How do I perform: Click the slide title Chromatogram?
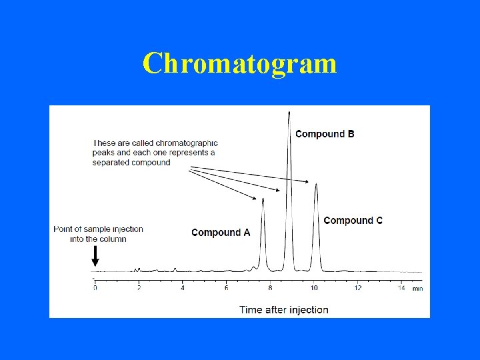pyautogui.click(x=239, y=64)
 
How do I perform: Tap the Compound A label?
pyautogui.click(x=221, y=233)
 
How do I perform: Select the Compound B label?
pyautogui.click(x=325, y=134)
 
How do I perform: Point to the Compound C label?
pyautogui.click(x=353, y=221)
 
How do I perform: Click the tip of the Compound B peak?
pyautogui.click(x=289, y=112)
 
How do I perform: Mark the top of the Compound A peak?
pyautogui.click(x=263, y=199)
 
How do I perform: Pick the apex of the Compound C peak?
pyautogui.click(x=316, y=185)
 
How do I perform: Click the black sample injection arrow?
pyautogui.click(x=95, y=256)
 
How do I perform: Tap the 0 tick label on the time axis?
pyautogui.click(x=95, y=288)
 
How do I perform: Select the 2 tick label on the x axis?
pyautogui.click(x=139, y=288)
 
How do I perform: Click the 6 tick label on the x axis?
pyautogui.click(x=226, y=288)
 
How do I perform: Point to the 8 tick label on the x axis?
pyautogui.click(x=270, y=288)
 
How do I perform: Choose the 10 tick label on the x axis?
pyautogui.click(x=313, y=288)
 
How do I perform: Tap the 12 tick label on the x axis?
pyautogui.click(x=357, y=288)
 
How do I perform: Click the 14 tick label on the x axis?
pyautogui.click(x=401, y=288)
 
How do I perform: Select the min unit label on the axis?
pyautogui.click(x=417, y=289)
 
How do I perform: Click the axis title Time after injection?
pyautogui.click(x=284, y=309)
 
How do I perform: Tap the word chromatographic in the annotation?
pyautogui.click(x=184, y=143)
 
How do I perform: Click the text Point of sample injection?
pyautogui.click(x=98, y=229)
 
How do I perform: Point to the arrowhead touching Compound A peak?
pyautogui.click(x=257, y=199)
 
